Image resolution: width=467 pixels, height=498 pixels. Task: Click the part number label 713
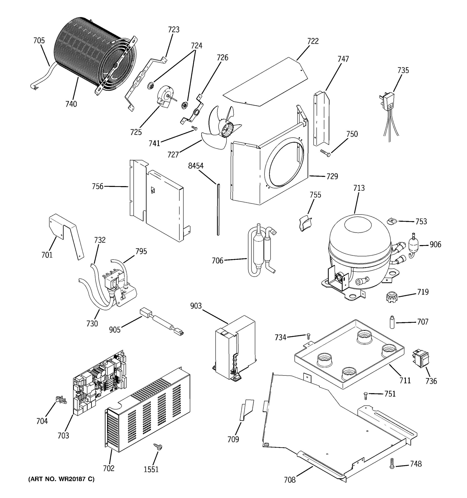point(359,188)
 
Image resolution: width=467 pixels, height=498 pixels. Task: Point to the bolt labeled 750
point(325,152)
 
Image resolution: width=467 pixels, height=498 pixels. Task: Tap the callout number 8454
point(196,166)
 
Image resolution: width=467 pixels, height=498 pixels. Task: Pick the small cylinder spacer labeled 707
point(392,323)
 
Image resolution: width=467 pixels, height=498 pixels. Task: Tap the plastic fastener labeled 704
point(61,400)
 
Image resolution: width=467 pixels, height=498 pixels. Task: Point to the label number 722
point(313,41)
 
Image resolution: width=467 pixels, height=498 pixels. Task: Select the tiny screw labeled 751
point(366,395)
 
